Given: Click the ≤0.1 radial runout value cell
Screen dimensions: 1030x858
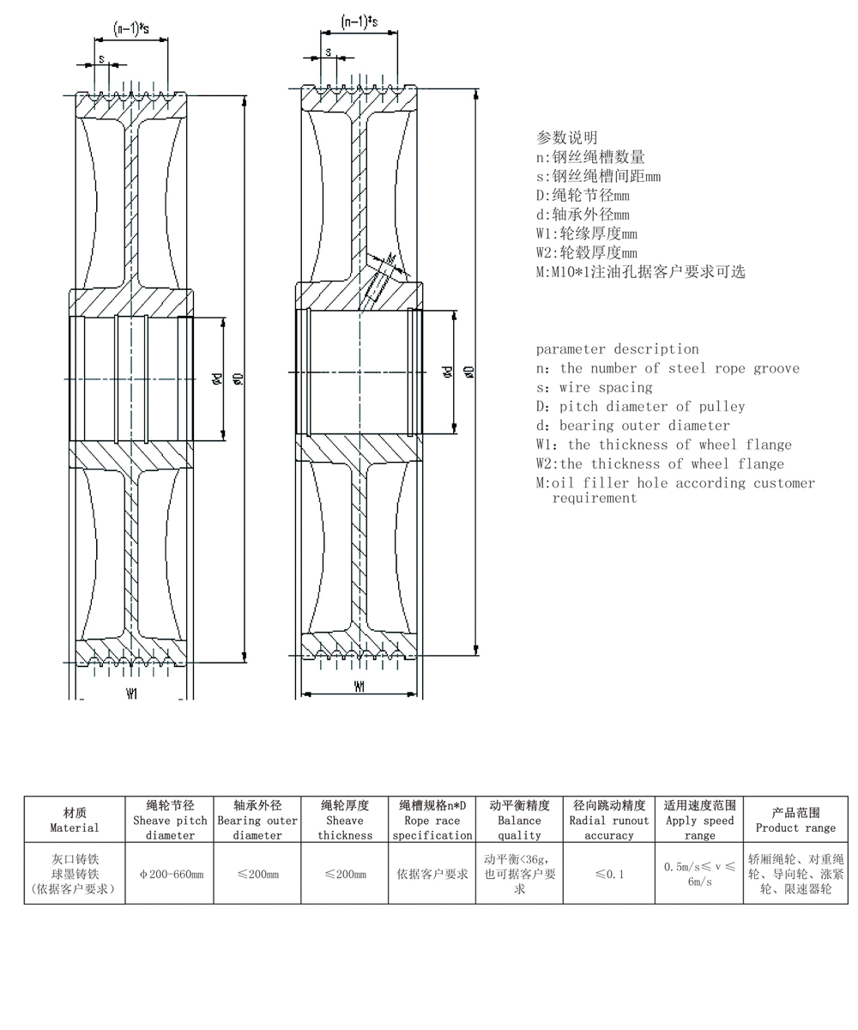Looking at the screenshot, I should (x=609, y=874).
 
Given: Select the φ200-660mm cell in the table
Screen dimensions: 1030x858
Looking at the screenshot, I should (x=171, y=874).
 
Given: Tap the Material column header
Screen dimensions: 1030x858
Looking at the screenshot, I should (x=75, y=820).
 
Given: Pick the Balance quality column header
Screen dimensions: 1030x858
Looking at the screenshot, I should (x=519, y=820).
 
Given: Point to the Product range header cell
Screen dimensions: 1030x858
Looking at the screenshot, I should (x=795, y=820).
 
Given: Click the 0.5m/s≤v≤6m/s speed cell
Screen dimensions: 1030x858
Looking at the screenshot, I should (x=699, y=874).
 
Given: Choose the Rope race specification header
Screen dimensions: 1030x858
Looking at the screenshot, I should (x=432, y=820).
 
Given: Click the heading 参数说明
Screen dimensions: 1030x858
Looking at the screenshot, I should (x=566, y=137).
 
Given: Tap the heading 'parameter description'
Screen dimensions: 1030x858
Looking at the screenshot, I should (x=617, y=348).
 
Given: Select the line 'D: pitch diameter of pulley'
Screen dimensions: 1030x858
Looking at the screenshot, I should (x=640, y=406).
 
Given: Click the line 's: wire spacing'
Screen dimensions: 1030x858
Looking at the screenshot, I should (x=594, y=387).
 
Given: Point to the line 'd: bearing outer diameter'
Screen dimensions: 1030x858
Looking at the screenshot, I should (x=632, y=425).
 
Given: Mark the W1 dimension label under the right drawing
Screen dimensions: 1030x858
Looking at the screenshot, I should (x=360, y=687).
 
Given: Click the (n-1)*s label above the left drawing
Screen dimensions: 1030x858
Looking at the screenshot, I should (x=131, y=29).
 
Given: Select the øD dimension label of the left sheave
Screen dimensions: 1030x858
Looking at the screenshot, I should (x=239, y=378).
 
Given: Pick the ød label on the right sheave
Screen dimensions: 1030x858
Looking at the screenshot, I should (x=447, y=372).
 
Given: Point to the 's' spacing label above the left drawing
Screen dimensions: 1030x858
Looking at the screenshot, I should (x=101, y=59).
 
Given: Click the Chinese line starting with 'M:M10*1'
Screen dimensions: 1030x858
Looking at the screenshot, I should (x=640, y=272).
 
